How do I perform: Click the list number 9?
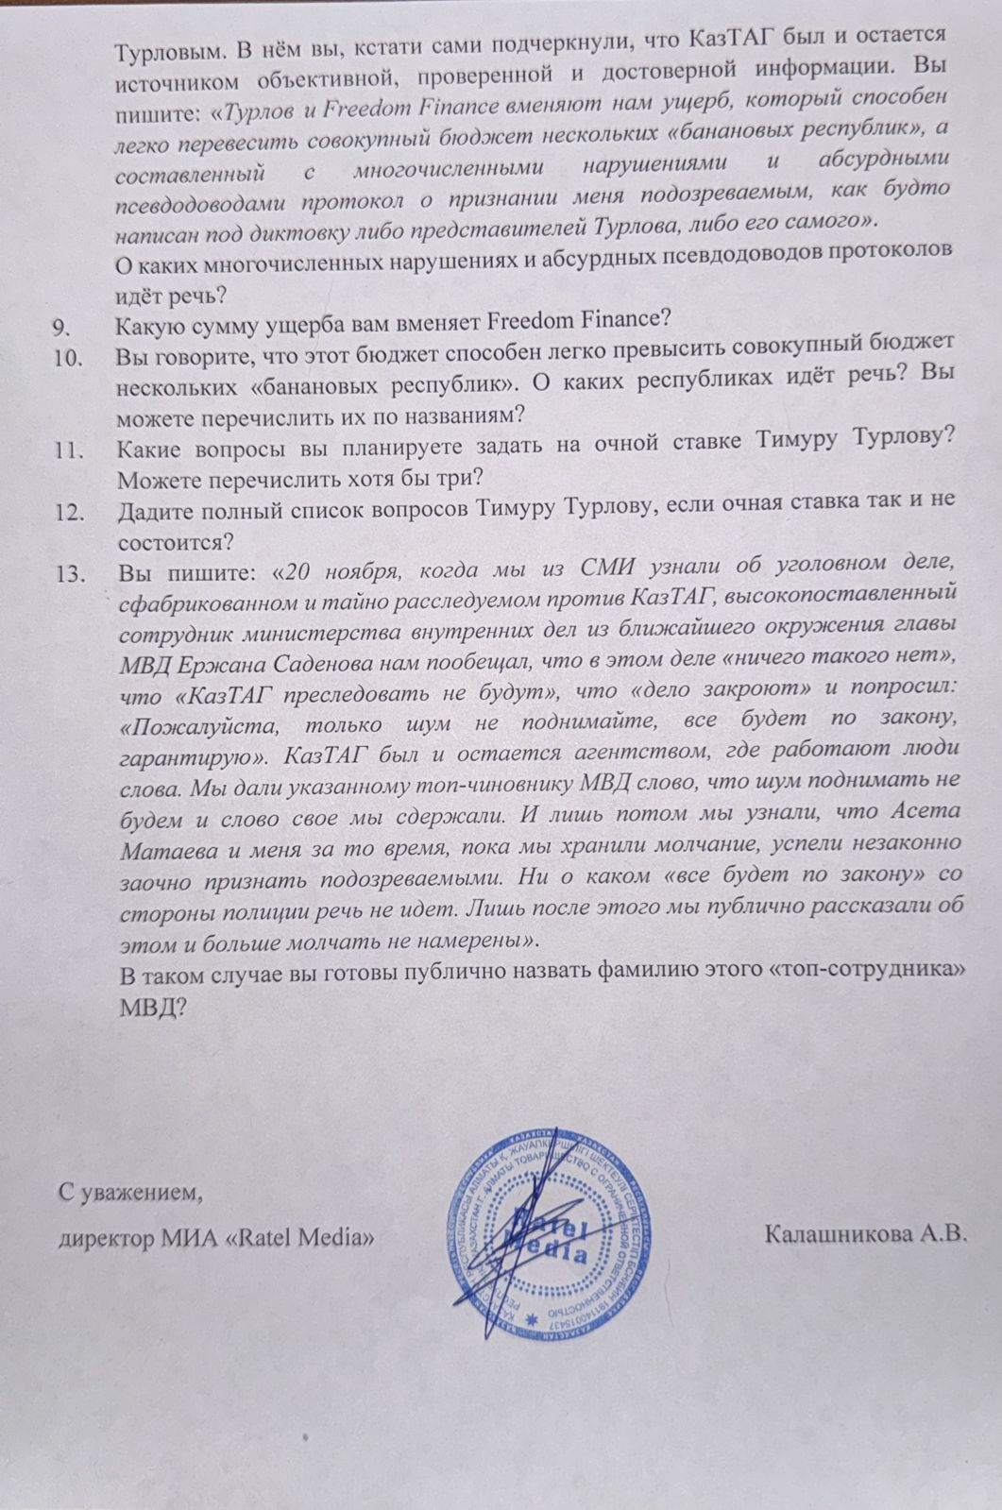pyautogui.click(x=62, y=328)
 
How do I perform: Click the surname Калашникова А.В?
pyautogui.click(x=868, y=1234)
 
